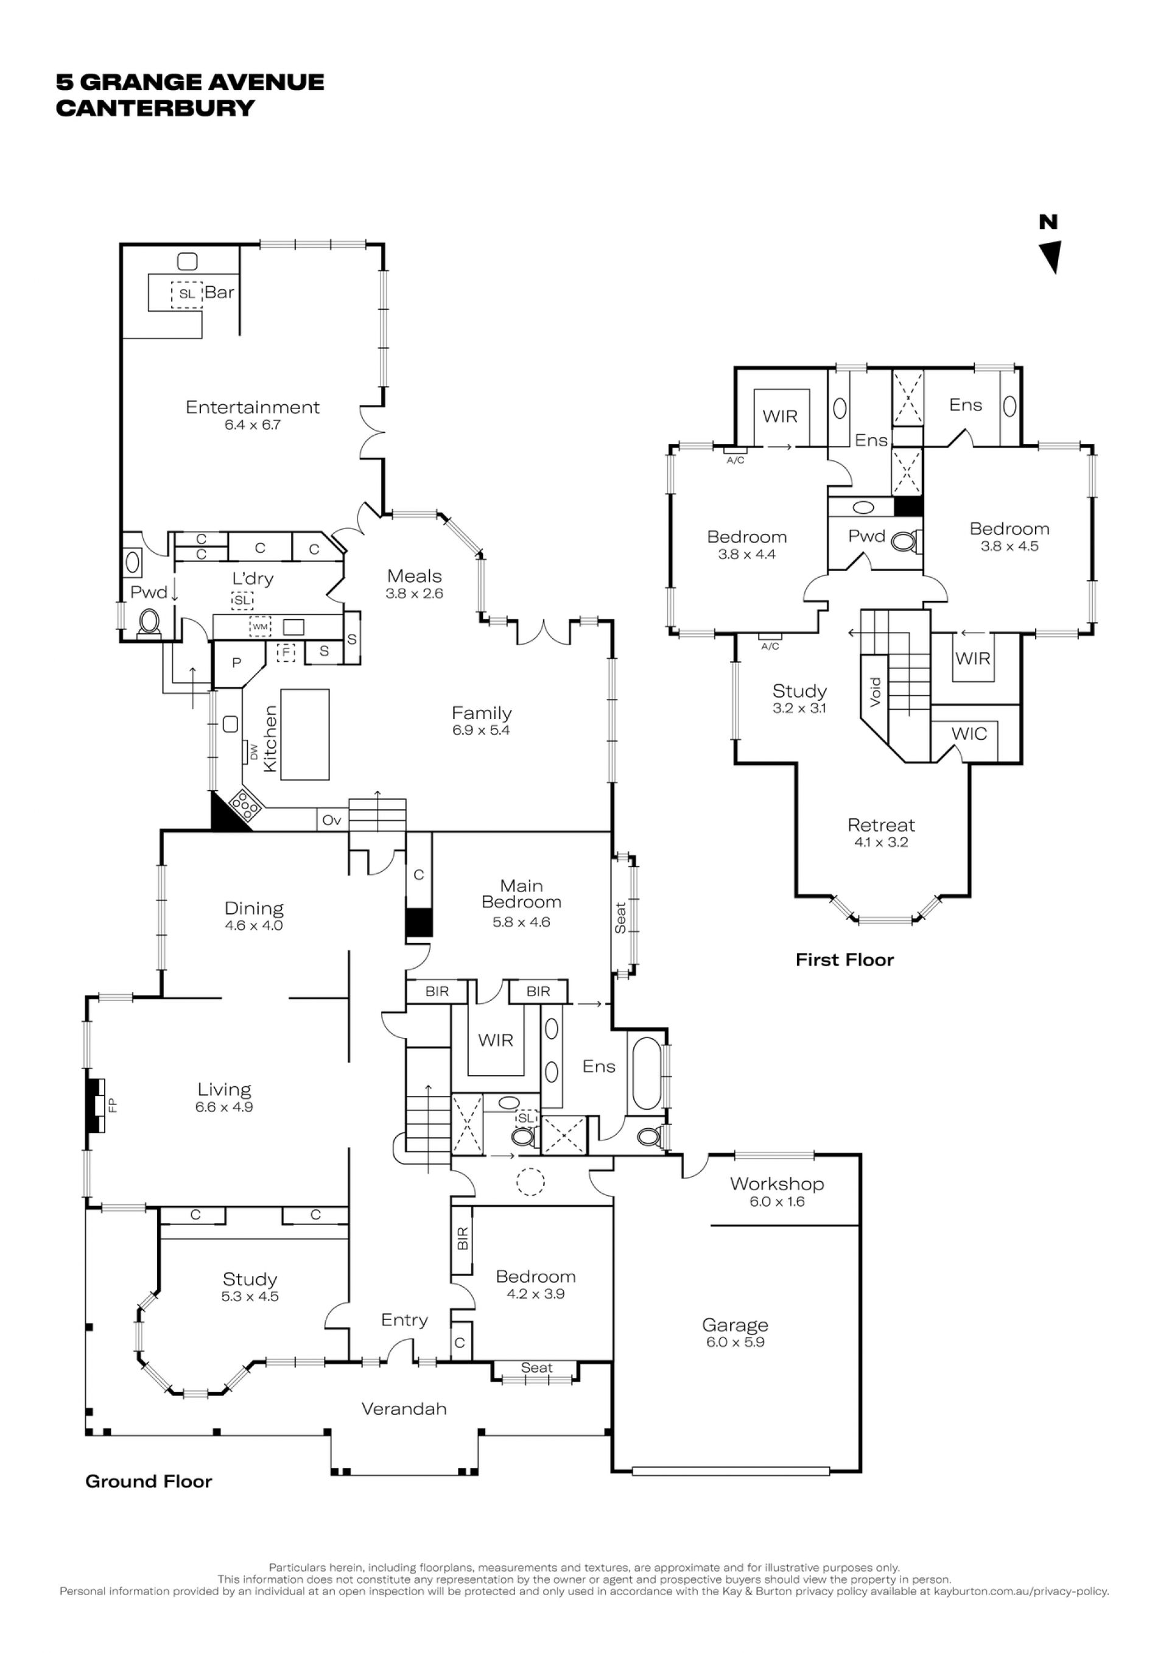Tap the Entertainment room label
coord(253,407)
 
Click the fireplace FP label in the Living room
coord(111,1105)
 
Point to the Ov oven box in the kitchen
coord(332,820)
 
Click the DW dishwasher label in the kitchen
coord(253,751)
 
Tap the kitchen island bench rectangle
coord(304,734)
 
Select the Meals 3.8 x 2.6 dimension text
coord(415,594)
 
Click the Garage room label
coord(735,1325)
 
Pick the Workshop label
coord(777,1184)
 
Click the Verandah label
coord(404,1409)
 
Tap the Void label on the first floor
coord(876,692)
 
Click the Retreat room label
coord(881,825)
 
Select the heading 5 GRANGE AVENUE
coord(190,82)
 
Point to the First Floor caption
coord(844,960)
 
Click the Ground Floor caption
coord(149,1482)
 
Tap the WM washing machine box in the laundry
coord(260,626)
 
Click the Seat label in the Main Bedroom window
coord(620,918)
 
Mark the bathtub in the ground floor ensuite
coord(644,1074)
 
